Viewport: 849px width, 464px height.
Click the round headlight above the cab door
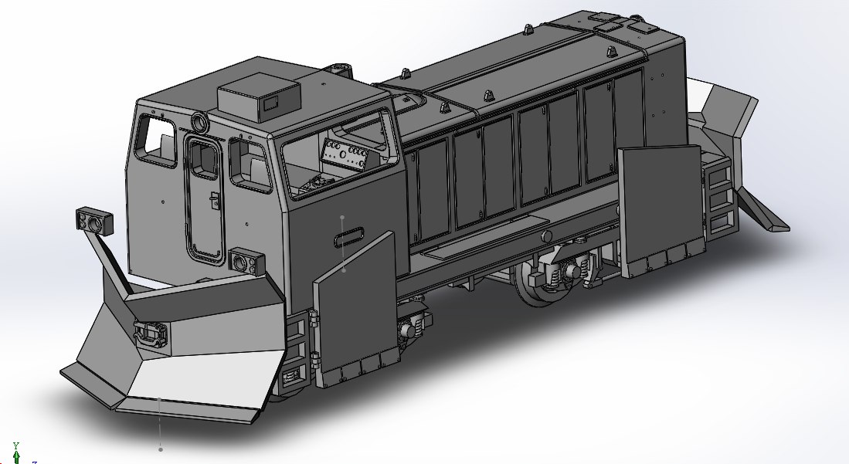200,122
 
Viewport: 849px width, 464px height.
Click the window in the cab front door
204,158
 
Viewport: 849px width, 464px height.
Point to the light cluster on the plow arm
93,221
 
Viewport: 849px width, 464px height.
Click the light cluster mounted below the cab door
247,261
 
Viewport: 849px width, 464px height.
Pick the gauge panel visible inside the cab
345,152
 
